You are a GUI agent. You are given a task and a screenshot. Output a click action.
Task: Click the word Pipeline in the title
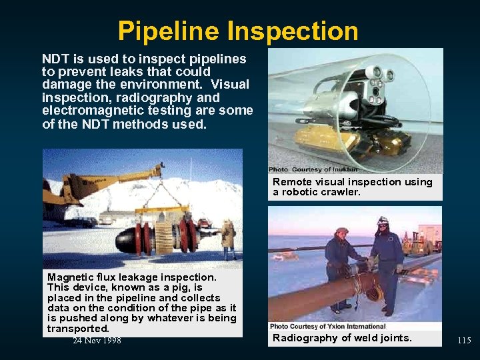tap(169, 31)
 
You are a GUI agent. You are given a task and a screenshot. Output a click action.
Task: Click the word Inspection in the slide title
tap(293, 31)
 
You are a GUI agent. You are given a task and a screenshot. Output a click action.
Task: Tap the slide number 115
tap(464, 341)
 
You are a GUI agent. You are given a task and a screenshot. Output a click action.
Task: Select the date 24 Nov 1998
tap(97, 341)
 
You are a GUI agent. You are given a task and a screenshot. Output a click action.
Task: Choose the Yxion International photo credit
tap(328, 327)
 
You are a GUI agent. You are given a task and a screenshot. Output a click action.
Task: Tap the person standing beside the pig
tap(229, 238)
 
